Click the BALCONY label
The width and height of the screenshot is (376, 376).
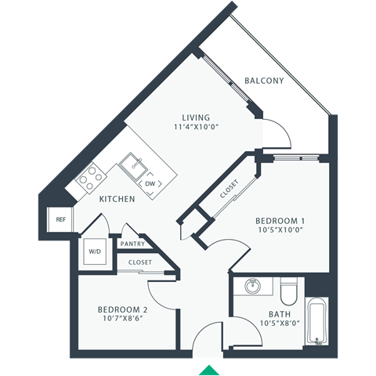point(263,81)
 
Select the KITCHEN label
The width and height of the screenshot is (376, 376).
point(117,199)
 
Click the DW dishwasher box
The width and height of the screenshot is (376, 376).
point(150,183)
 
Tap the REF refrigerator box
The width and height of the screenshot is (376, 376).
point(60,219)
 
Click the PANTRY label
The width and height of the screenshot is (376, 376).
point(132,244)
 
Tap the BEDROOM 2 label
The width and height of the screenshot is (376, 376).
point(123,309)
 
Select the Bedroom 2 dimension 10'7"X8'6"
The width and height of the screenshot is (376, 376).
point(123,319)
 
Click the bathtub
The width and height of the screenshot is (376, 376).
point(316,321)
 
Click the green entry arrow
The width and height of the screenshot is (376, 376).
point(209,369)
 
